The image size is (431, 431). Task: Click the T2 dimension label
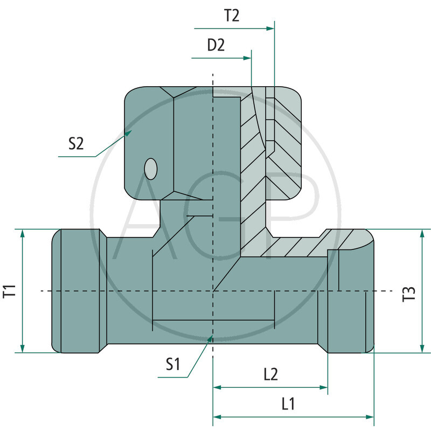pos(232,16)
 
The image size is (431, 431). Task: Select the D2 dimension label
pos(216,45)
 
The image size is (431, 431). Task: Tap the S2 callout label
pos(76,143)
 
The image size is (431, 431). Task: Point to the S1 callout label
pos(173,364)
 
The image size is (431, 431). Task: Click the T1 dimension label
pos(10,291)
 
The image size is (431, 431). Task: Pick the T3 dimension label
pos(409,294)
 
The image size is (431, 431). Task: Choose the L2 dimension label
pos(271,374)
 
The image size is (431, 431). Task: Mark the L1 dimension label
pos(288,404)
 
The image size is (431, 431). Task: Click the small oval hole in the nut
pos(151,169)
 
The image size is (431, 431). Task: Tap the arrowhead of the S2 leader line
pos(128,133)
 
